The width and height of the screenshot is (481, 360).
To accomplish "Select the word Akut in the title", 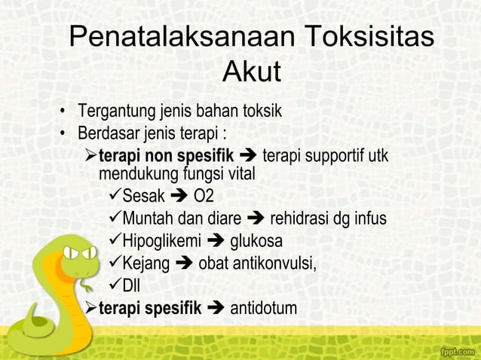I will (252, 73).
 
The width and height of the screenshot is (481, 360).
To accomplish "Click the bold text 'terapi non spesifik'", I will (167, 157).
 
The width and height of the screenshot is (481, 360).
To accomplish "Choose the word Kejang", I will (146, 264).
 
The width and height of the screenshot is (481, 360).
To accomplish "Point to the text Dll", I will (131, 285).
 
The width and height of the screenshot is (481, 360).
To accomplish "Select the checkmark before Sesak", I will (114, 197).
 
